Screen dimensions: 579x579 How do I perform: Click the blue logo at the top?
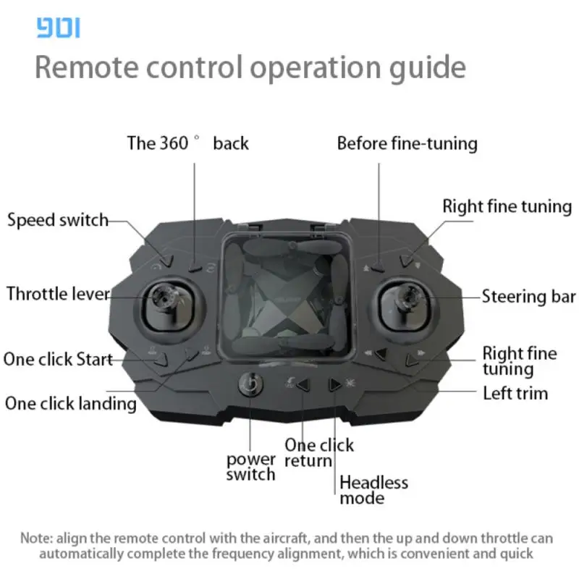[59, 28]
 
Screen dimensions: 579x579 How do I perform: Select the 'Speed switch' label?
[58, 221]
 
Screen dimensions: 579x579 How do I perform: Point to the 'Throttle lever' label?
[59, 295]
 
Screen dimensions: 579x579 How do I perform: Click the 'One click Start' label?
[58, 359]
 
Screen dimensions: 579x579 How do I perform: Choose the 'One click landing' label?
[70, 404]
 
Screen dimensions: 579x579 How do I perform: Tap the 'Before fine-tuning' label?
[407, 143]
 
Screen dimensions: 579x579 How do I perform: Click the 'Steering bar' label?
[529, 297]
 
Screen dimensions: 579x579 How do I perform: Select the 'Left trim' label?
[515, 393]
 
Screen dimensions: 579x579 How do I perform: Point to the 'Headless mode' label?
[373, 491]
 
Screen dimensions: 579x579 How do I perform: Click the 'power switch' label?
[251, 467]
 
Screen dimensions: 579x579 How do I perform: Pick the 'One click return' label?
[319, 453]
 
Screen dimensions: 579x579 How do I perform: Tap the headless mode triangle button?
[335, 385]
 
